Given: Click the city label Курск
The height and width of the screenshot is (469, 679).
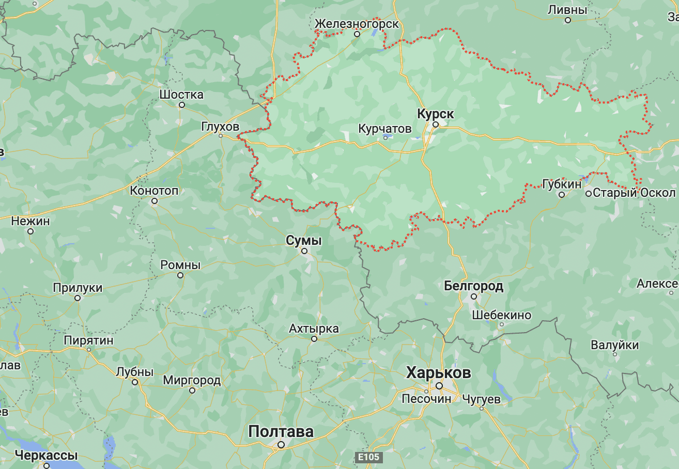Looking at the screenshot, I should [x=435, y=114].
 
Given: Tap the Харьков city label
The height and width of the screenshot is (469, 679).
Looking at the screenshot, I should [x=439, y=372].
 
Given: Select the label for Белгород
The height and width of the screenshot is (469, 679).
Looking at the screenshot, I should [x=473, y=286].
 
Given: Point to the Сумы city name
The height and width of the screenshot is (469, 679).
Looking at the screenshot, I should [x=304, y=240].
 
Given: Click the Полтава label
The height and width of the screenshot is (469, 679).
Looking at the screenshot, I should [x=281, y=431].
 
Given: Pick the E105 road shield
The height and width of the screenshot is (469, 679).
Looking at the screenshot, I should [x=368, y=457].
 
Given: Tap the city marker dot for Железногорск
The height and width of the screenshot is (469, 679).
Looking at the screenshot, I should [x=357, y=34].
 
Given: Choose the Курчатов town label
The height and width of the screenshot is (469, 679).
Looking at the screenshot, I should [x=385, y=128].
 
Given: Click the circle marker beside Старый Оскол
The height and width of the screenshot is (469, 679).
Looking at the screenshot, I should [x=589, y=193].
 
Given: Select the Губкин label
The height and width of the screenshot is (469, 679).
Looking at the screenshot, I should [x=561, y=184].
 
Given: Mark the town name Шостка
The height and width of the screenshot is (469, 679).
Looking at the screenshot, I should [x=181, y=95].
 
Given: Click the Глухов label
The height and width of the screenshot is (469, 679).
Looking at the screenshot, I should [x=221, y=126].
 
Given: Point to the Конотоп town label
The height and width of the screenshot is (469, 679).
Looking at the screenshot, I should [x=154, y=191].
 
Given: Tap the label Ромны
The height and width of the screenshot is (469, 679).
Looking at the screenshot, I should [x=180, y=265].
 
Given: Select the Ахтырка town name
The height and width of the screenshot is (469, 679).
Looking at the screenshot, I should [x=314, y=329].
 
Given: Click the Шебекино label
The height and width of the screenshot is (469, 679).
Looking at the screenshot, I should [x=501, y=315].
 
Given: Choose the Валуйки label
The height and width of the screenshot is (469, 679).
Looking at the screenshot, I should [x=615, y=345].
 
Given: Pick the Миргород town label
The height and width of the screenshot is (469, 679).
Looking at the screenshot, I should [x=192, y=381].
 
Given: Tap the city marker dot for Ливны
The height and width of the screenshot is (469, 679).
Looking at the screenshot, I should [x=567, y=20].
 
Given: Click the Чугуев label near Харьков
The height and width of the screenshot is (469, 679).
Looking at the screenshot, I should [x=481, y=399].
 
